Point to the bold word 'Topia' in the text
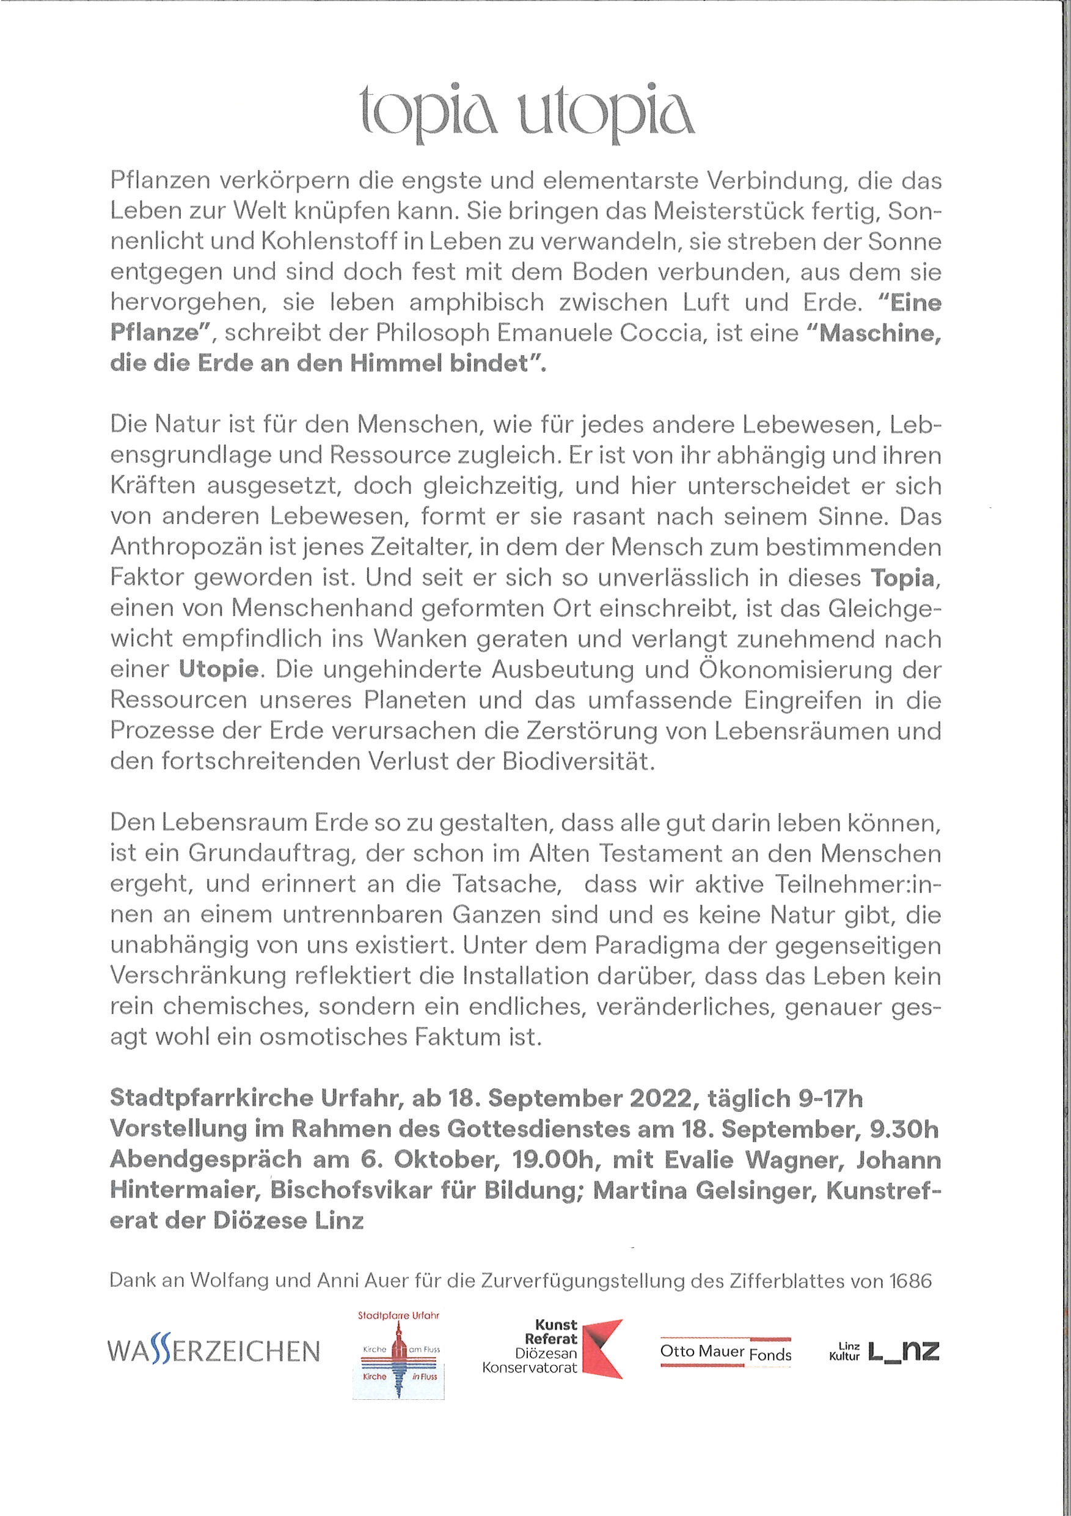[902, 578]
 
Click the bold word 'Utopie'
[219, 669]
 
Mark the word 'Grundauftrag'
[272, 854]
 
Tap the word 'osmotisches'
[334, 1037]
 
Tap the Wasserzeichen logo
[213, 1352]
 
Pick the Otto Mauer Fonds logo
[725, 1352]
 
